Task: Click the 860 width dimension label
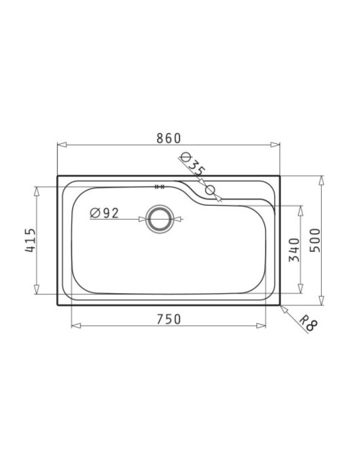click(x=168, y=138)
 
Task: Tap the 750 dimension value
click(x=168, y=319)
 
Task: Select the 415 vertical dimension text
click(x=30, y=240)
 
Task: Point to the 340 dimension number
click(x=294, y=250)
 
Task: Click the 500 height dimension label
click(x=315, y=240)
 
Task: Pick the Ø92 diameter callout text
click(x=104, y=213)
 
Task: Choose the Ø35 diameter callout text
click(x=193, y=164)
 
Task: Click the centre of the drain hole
click(x=160, y=219)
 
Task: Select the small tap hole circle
click(x=210, y=190)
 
